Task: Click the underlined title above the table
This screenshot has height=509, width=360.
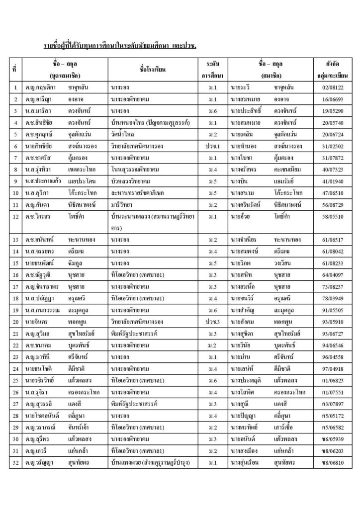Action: coord(121,46)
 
